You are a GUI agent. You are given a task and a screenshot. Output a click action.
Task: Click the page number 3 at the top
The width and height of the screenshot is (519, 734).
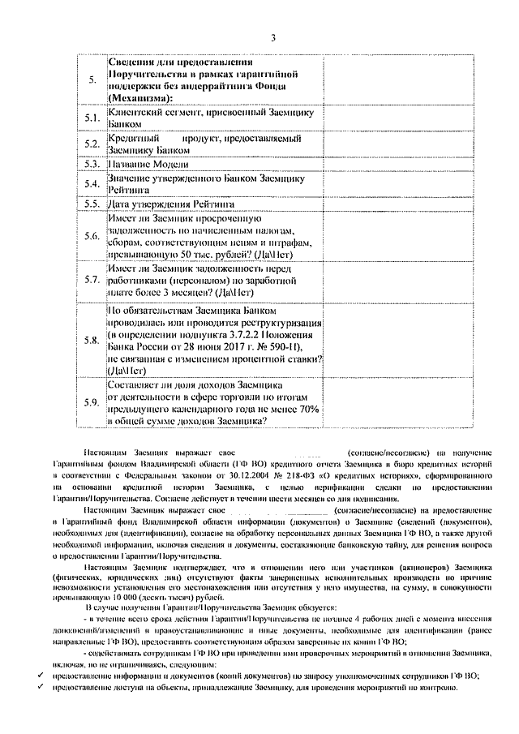pyautogui.click(x=273, y=37)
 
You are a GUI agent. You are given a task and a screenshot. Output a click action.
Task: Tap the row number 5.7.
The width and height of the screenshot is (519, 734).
pyautogui.click(x=92, y=280)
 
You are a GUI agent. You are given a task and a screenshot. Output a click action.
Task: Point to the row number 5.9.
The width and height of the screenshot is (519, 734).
pyautogui.click(x=92, y=402)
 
